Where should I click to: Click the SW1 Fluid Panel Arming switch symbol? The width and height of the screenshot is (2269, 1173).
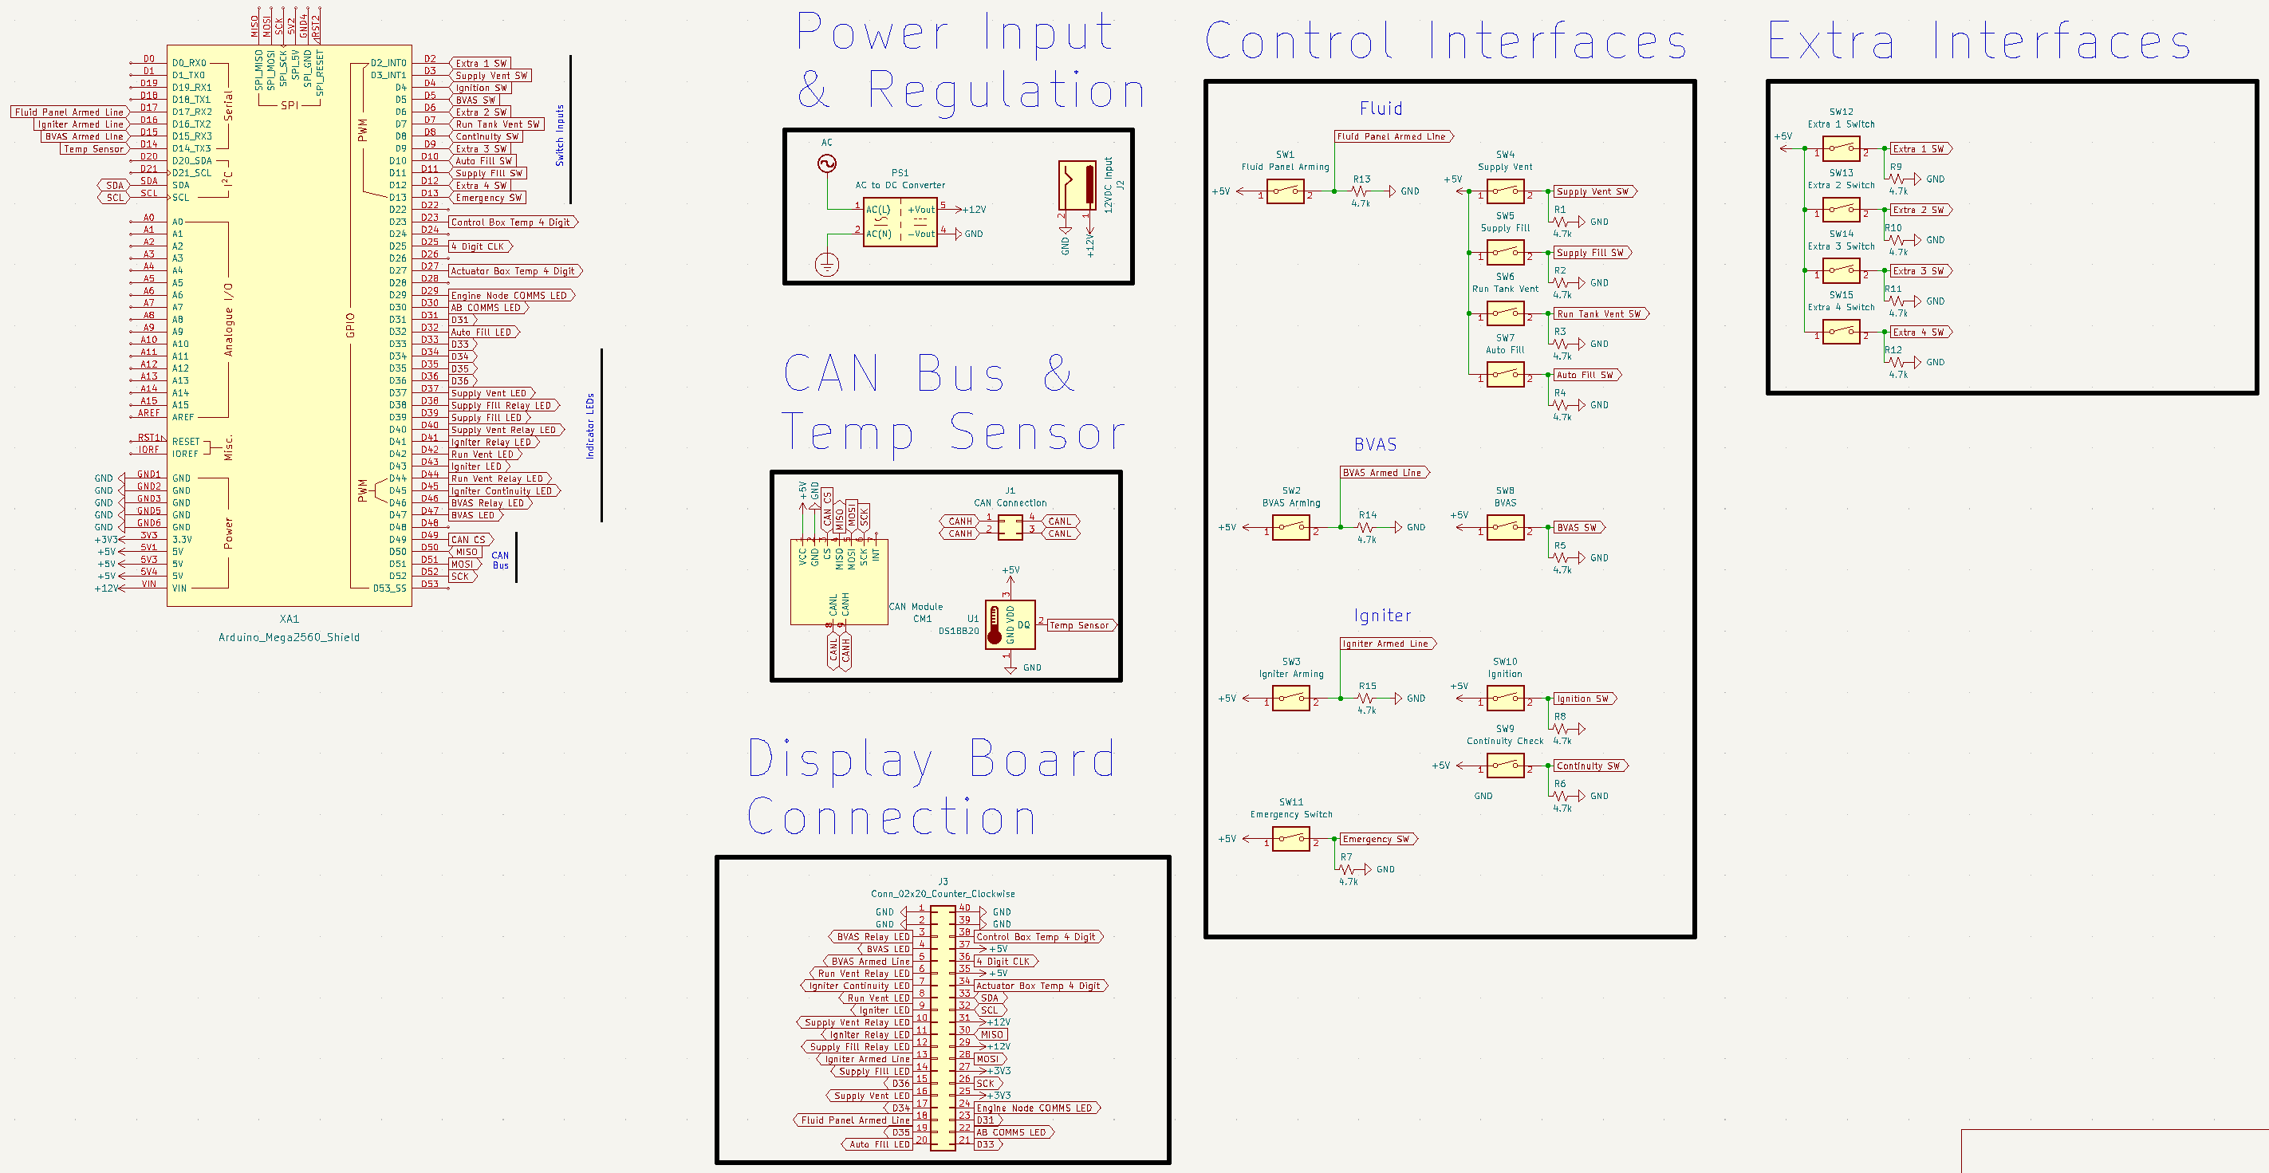tap(1285, 191)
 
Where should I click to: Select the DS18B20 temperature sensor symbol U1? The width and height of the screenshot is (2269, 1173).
tap(1010, 624)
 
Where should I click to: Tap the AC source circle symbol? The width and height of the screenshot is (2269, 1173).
tap(826, 163)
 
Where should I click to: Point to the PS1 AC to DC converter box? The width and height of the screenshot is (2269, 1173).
tap(900, 222)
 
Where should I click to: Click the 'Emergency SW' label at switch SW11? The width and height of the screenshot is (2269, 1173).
tap(1375, 839)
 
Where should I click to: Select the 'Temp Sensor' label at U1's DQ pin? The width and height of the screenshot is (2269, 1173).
tap(1078, 625)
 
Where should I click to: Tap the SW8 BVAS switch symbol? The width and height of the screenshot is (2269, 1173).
tap(1505, 528)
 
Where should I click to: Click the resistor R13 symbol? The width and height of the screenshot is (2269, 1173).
tap(1361, 191)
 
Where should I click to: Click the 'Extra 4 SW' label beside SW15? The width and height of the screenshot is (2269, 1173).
tap(1917, 332)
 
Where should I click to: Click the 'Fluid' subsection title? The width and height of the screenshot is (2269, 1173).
tap(1381, 108)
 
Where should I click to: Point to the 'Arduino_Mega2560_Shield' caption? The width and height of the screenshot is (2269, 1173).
tap(289, 638)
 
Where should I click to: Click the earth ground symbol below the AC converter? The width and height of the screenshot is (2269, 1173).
tap(826, 264)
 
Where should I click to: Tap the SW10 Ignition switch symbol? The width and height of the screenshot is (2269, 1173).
tap(1505, 699)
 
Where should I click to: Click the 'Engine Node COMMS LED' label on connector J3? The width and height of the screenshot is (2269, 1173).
tap(1034, 1108)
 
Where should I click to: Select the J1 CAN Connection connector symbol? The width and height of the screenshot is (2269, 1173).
tap(1010, 528)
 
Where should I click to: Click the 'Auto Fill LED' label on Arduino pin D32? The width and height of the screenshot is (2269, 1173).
tap(481, 332)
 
